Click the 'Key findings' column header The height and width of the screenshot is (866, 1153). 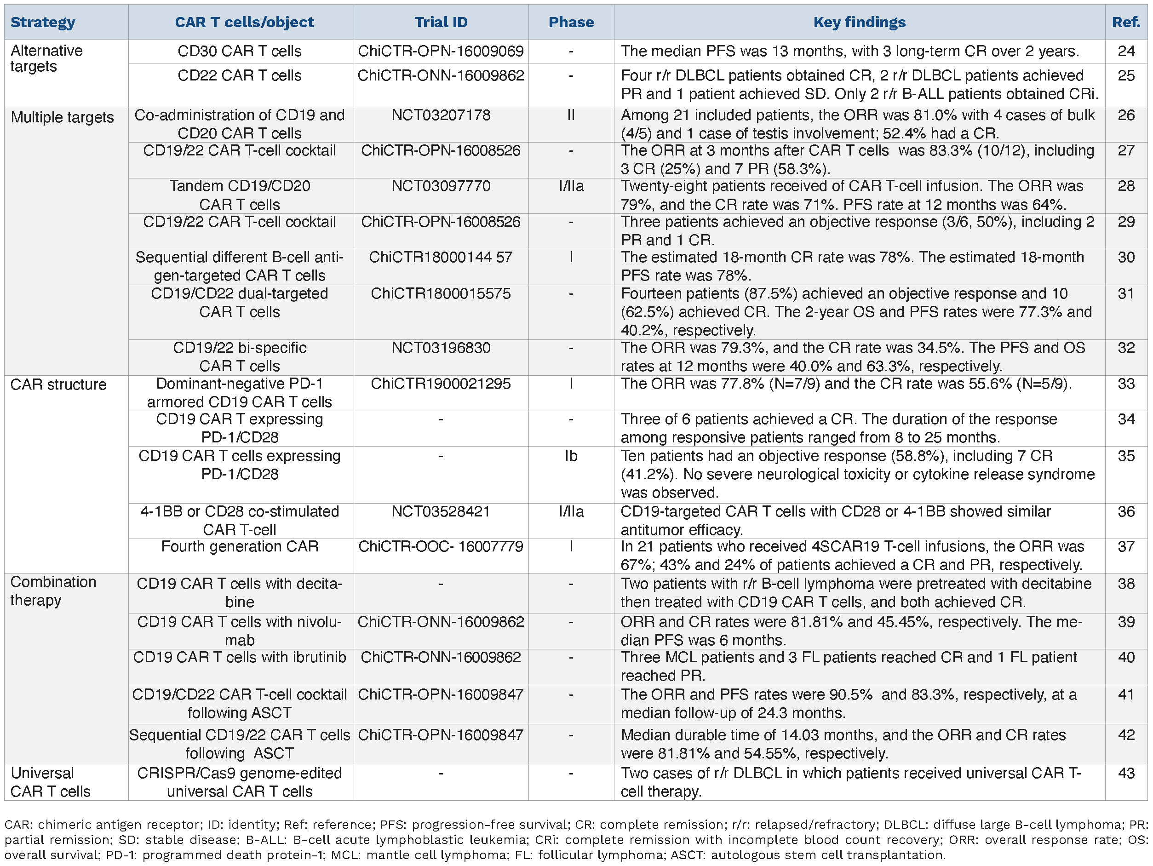(859, 23)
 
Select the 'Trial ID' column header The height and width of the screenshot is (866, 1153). (441, 23)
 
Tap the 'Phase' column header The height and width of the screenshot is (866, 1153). (571, 23)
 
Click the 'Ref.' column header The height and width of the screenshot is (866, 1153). (1126, 23)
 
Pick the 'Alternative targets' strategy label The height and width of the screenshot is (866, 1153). (46, 58)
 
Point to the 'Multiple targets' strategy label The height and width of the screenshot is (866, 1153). (62, 117)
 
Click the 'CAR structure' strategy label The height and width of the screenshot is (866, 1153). (58, 385)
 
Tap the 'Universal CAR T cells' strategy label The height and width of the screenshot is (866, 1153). (50, 782)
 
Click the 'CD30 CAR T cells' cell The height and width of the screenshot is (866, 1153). (239, 51)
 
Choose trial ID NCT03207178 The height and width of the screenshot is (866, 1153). (441, 115)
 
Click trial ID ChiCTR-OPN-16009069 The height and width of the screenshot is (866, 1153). (441, 51)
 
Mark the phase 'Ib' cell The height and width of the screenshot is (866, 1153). (571, 456)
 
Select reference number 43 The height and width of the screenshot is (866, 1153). (1126, 773)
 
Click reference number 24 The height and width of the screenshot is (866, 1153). (1126, 51)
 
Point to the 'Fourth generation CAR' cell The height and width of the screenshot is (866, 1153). (239, 546)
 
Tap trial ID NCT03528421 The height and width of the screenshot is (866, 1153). (441, 511)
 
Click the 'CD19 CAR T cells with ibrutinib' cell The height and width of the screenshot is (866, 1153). (239, 658)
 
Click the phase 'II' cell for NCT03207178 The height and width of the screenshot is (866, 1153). (571, 115)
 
